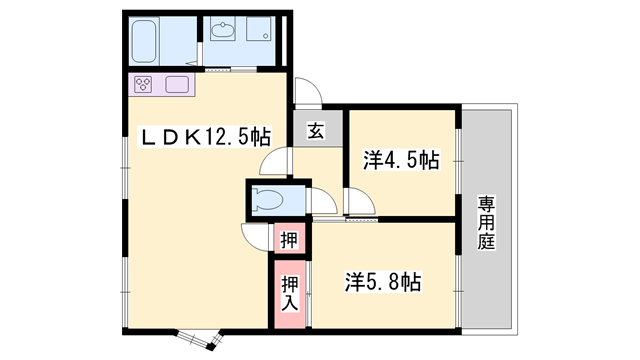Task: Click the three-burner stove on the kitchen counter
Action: click(x=143, y=84)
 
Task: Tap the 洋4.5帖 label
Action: click(x=400, y=160)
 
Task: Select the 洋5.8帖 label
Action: click(x=384, y=282)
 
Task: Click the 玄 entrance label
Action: click(x=315, y=130)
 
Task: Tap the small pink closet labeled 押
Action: click(x=287, y=239)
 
